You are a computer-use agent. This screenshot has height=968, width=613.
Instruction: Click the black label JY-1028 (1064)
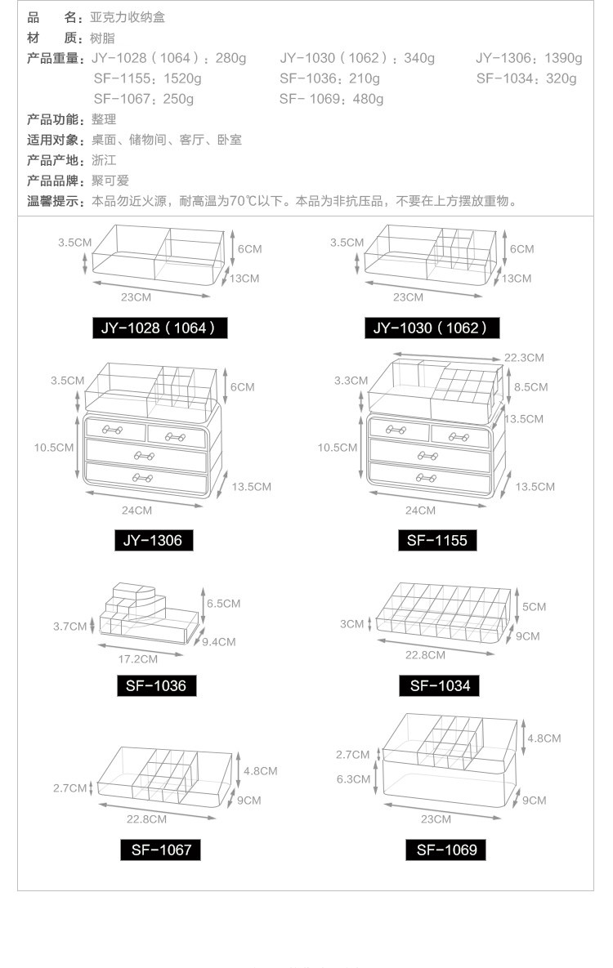point(159,328)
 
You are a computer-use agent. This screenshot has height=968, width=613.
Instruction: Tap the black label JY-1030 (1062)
point(431,328)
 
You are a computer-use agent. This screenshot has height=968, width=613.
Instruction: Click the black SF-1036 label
point(156,685)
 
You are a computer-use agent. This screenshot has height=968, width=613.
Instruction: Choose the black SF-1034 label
point(440,685)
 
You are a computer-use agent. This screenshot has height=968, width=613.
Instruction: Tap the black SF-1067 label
point(161,850)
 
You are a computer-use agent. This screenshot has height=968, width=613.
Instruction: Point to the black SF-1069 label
point(445,850)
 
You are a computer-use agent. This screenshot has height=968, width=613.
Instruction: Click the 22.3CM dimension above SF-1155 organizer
point(524,358)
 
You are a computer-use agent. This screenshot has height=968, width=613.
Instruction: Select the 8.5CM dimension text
point(530,387)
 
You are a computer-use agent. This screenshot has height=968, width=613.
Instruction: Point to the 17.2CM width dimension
point(138,658)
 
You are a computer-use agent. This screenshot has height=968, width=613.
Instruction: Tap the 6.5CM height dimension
point(224,604)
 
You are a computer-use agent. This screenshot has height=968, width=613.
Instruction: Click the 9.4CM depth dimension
point(218,642)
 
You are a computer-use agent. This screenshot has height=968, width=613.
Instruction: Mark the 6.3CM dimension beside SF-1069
point(353,779)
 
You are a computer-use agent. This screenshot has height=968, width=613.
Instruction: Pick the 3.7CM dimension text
point(69,627)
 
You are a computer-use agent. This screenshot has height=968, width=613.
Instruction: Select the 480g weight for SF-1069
point(368,99)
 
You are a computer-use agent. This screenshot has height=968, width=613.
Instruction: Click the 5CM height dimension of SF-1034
point(534,607)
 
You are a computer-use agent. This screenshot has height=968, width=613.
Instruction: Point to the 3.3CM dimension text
point(351,381)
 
